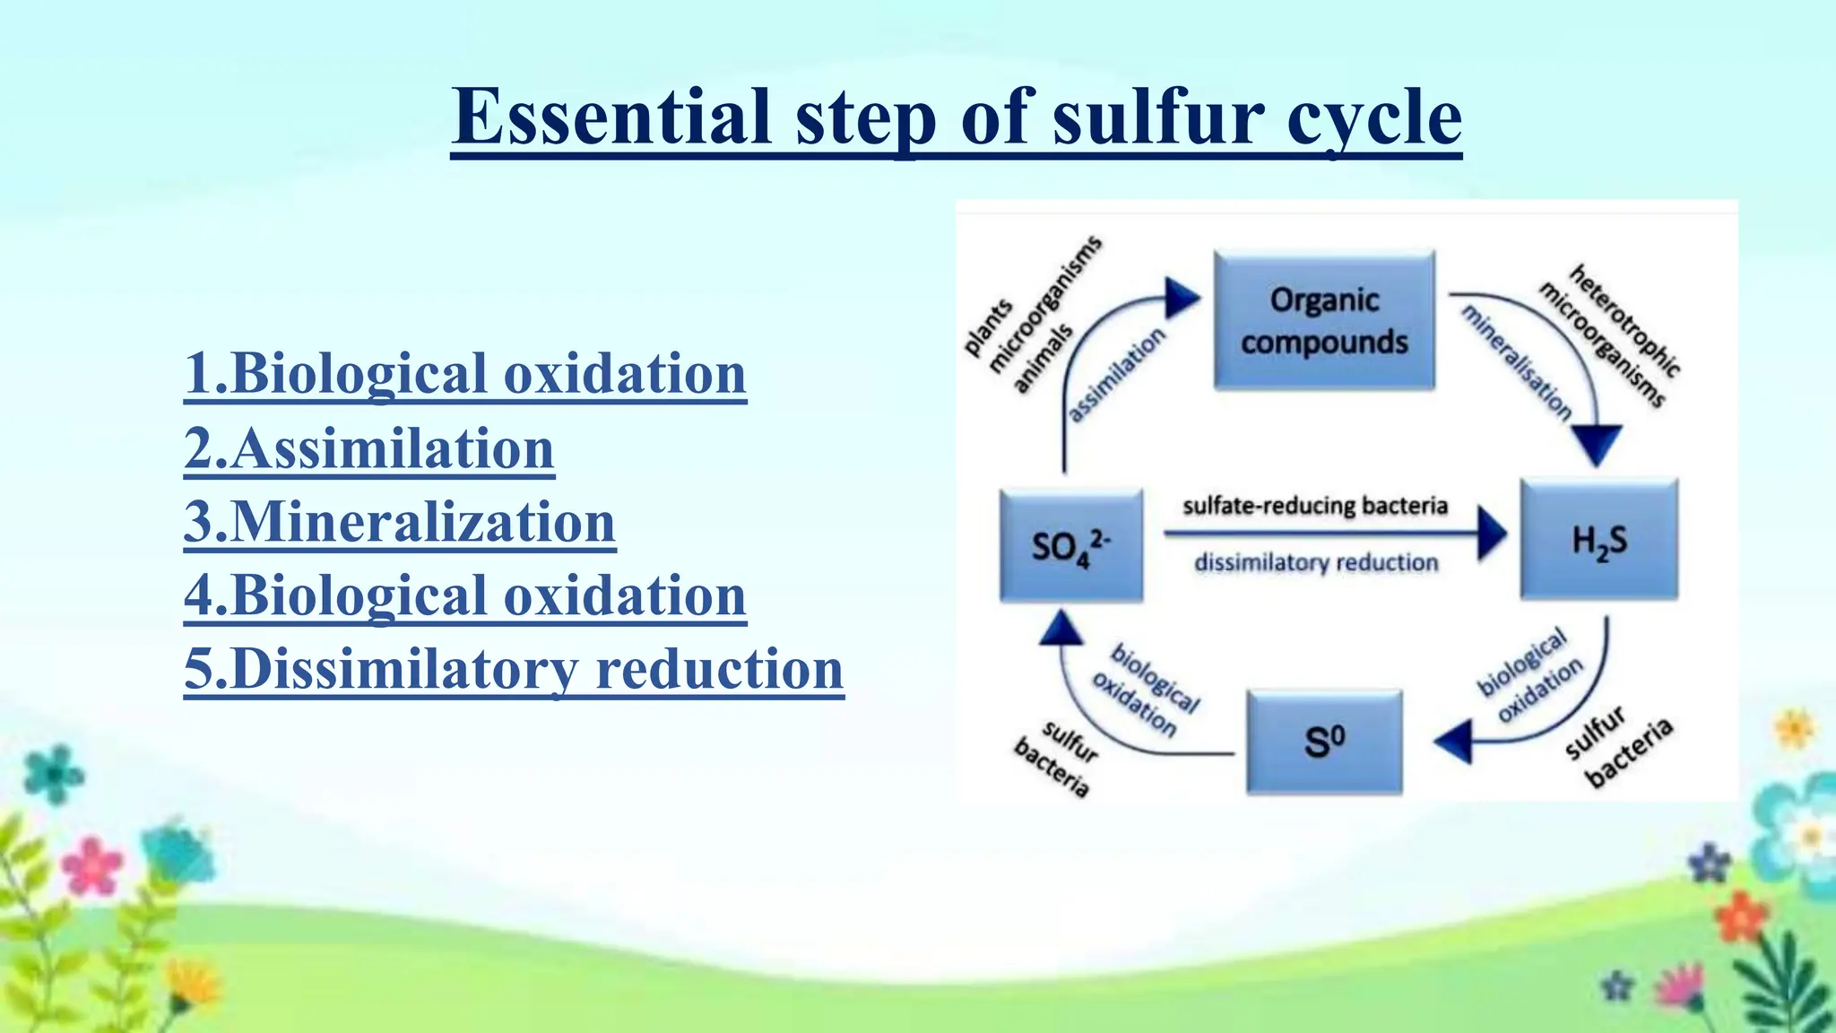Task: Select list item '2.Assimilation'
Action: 368,448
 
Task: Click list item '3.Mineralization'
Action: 399,523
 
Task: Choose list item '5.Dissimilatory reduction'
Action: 514,670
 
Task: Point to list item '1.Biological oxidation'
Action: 464,374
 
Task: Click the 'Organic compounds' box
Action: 1324,320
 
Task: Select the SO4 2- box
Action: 1071,545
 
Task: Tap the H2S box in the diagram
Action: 1599,540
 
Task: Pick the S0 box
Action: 1324,742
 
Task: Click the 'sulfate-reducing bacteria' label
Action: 1315,506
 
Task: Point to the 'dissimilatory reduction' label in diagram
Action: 1315,563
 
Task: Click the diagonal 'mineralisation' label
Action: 1516,362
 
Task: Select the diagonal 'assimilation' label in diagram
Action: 1117,374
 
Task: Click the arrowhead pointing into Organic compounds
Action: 1182,298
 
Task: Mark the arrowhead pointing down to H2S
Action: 1597,444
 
